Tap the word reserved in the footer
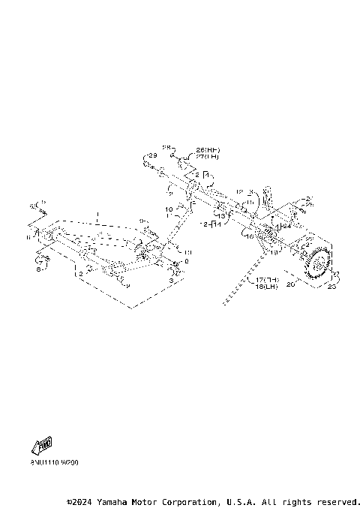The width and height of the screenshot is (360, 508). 338,501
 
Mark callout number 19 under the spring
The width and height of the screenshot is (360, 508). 274,254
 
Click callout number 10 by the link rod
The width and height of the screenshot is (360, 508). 169,209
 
